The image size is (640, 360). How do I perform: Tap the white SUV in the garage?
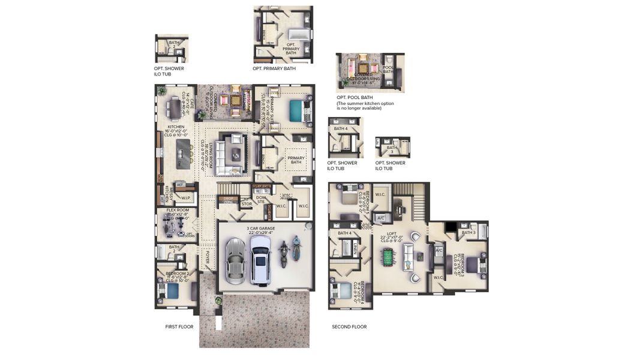(260, 259)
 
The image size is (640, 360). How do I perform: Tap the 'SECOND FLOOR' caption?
(349, 327)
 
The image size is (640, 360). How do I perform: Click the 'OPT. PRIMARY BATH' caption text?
(274, 69)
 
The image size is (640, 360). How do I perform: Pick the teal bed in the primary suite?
(296, 110)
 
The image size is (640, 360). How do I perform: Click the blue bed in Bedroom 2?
(172, 291)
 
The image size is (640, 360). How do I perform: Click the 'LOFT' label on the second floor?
(392, 234)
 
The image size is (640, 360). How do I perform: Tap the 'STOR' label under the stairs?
(247, 204)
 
